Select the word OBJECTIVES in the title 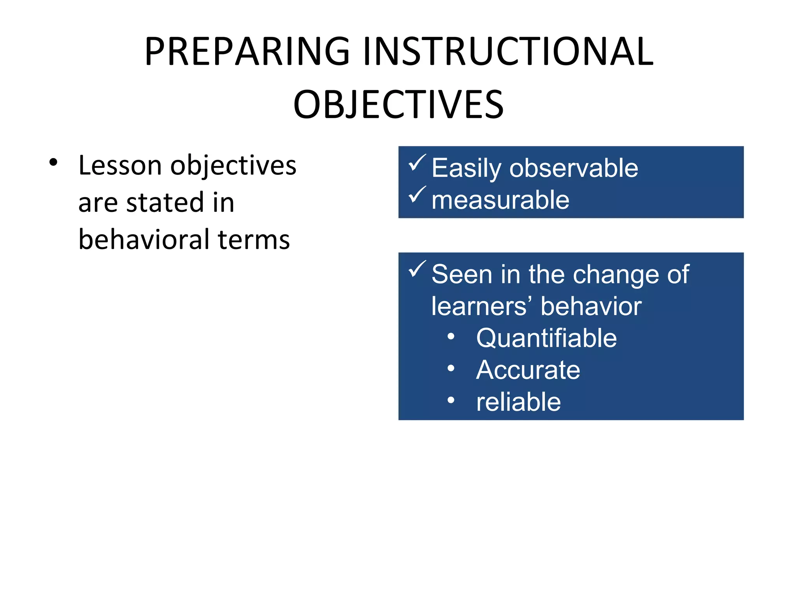pos(398,104)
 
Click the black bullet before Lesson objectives pos(53,163)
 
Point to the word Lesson pos(120,165)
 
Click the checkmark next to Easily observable pos(417,163)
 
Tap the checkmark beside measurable pos(417,195)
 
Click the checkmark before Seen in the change pos(417,269)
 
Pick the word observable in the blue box pos(574,168)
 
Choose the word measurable pos(500,200)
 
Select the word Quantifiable pos(546,338)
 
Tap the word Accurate pos(528,370)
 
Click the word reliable pos(518,402)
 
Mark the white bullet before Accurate pos(451,368)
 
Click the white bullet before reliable pos(451,400)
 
